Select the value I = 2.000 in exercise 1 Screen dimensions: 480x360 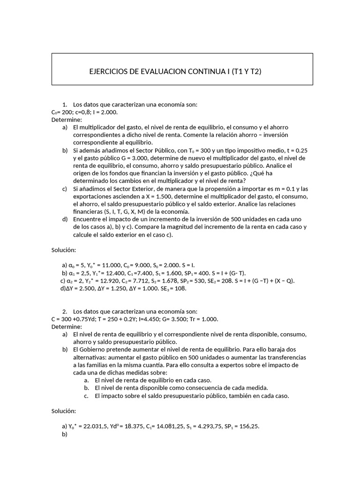coord(104,112)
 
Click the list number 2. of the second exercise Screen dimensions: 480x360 coord(64,312)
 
